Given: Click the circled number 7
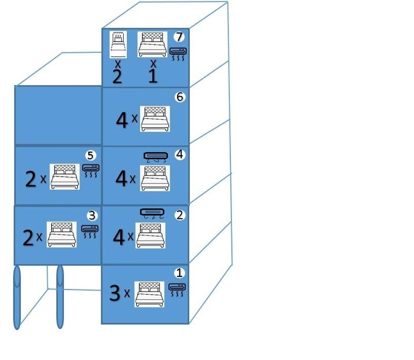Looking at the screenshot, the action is click(x=179, y=37).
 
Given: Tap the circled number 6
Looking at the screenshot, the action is click(x=180, y=97).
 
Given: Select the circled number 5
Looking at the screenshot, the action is click(x=90, y=155).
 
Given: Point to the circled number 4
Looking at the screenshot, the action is click(x=180, y=155).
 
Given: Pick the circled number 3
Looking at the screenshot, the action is click(x=92, y=215).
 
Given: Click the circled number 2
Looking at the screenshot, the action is click(x=180, y=215).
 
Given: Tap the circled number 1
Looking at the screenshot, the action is click(x=179, y=273).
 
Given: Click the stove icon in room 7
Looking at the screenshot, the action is click(x=118, y=44).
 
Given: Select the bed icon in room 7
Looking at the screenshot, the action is click(x=152, y=44).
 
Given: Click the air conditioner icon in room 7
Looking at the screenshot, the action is click(x=178, y=54).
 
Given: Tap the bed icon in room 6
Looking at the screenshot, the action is click(x=155, y=119).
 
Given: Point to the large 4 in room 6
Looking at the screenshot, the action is click(x=122, y=120).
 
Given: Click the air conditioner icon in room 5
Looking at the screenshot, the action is click(x=91, y=171).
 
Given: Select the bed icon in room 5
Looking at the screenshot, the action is click(x=65, y=176).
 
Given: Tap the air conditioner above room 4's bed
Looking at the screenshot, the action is click(x=156, y=157).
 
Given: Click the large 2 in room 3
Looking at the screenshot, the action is click(x=28, y=238).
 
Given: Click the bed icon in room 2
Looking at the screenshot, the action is click(x=151, y=235).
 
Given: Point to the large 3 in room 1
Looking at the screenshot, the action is click(x=115, y=293).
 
